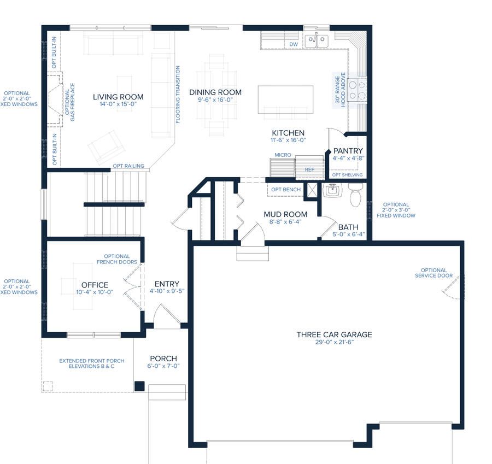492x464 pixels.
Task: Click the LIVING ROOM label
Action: coord(118,97)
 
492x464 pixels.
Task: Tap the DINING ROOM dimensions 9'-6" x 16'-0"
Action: coord(215,100)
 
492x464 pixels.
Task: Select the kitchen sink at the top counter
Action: coord(317,39)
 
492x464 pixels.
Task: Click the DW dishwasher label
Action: coord(294,44)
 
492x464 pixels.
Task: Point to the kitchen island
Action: coord(286,99)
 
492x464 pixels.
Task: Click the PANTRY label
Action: coord(348,151)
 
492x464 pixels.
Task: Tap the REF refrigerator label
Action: coord(309,170)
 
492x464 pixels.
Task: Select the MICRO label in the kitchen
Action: coord(283,155)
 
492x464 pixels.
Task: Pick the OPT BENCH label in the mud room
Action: coord(286,190)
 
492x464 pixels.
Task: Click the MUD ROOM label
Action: coord(285,214)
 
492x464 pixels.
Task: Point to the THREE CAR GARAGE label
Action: coord(334,334)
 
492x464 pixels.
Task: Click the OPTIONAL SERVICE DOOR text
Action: coord(434,273)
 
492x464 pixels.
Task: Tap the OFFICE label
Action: coord(95,285)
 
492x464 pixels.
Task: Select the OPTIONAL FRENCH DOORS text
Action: coord(117,259)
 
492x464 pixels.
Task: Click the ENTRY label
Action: coord(167,284)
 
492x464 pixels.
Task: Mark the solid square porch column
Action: coord(139,386)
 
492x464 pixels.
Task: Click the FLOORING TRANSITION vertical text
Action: coord(178,95)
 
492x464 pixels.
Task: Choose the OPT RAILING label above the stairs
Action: coord(128,166)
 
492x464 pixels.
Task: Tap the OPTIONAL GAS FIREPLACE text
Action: coord(70,102)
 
